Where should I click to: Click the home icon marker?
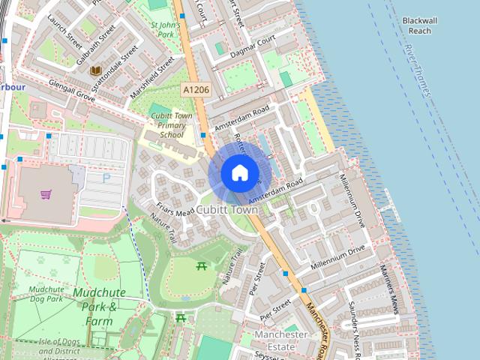[x=239, y=172]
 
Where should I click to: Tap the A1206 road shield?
[x=196, y=89]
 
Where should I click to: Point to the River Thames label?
[x=417, y=70]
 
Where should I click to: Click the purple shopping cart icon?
[x=46, y=194]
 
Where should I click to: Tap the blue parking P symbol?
[x=106, y=178]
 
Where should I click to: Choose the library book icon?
[x=95, y=70]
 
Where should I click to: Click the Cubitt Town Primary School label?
[x=172, y=125]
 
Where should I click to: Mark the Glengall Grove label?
[x=72, y=91]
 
